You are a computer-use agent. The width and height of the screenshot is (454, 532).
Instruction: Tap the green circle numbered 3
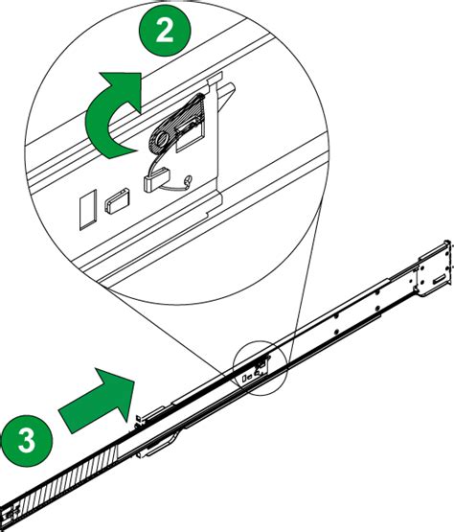click(x=27, y=440)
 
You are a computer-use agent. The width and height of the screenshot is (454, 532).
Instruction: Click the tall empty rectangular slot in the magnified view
click(x=88, y=210)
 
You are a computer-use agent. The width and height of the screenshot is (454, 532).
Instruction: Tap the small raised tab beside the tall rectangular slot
click(x=117, y=202)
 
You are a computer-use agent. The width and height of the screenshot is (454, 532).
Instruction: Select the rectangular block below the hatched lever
click(x=156, y=180)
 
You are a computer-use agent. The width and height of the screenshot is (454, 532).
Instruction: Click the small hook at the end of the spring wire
click(x=188, y=180)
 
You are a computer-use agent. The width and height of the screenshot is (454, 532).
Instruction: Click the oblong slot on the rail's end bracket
click(x=440, y=279)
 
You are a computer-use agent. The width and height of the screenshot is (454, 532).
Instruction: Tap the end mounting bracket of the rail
click(x=434, y=269)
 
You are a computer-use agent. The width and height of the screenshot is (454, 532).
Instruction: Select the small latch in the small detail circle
click(x=261, y=365)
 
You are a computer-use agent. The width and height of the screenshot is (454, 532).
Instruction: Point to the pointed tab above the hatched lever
click(x=226, y=97)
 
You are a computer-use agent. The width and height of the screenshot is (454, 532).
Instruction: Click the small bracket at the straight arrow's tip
click(x=138, y=419)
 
